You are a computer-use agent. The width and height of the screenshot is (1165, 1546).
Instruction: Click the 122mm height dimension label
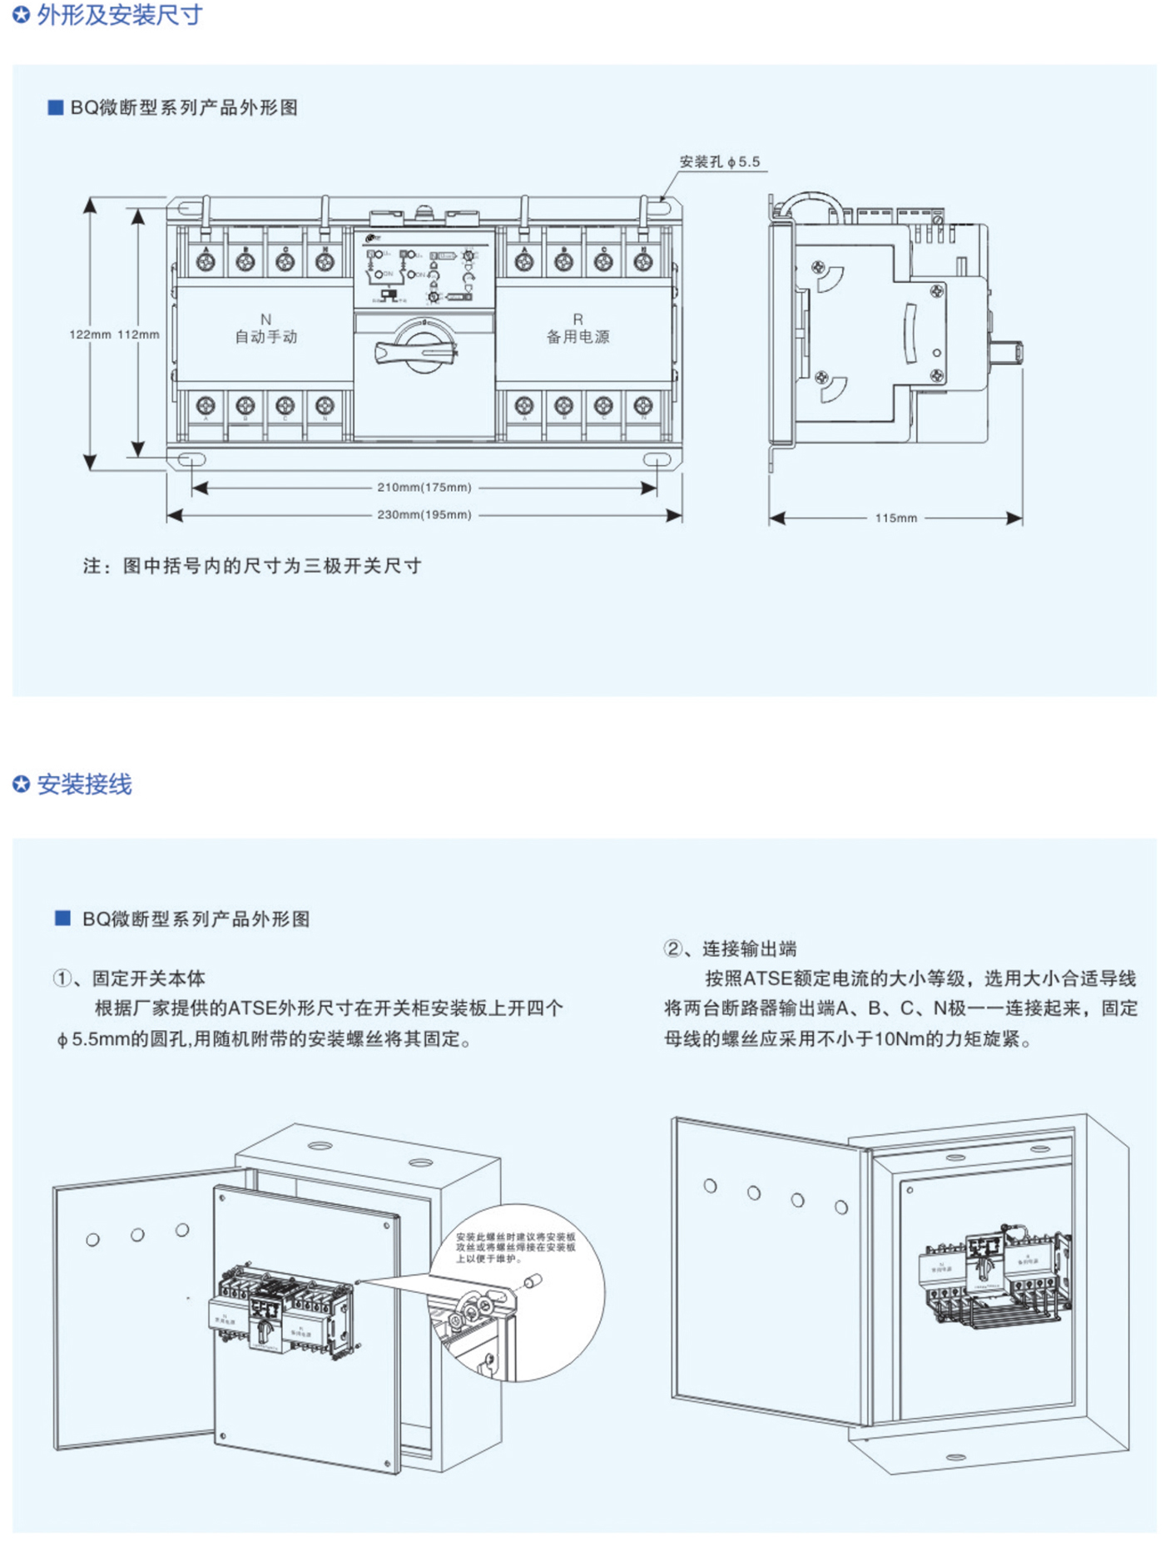90,334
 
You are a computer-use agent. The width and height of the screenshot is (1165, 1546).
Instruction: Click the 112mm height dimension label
138,334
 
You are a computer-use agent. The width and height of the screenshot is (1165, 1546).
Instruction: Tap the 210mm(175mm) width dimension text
424,488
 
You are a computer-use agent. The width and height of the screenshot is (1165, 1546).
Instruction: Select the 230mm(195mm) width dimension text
424,515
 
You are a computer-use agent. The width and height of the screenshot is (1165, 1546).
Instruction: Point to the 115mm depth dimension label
895,518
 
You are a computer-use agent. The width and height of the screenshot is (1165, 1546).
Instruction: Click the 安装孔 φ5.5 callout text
720,162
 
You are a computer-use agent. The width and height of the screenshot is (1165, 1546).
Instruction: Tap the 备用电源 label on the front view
578,336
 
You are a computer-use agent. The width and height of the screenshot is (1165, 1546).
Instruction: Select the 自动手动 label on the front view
265,336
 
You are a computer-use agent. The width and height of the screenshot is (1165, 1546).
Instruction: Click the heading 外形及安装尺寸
120,15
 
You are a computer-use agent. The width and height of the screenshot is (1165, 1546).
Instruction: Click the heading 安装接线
84,785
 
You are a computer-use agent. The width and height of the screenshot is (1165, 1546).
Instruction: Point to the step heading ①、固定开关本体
129,979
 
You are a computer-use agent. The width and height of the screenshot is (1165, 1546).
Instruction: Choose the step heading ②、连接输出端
730,949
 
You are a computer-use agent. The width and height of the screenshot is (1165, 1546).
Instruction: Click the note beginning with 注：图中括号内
252,567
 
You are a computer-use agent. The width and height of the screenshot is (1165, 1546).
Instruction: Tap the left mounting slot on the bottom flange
191,459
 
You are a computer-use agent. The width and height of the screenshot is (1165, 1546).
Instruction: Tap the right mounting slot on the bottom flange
657,459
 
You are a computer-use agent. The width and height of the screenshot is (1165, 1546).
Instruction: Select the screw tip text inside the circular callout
515,1248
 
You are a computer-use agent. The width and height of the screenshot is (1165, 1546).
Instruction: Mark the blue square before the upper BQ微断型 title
56,107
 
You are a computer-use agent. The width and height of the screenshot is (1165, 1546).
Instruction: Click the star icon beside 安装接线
22,785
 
